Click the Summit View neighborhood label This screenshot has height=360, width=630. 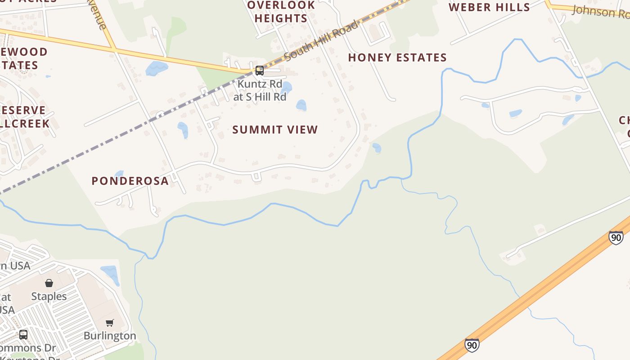coord(275,130)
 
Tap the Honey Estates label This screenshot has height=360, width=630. coord(397,58)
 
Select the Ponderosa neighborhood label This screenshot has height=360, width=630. coord(130,181)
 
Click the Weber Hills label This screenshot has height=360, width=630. coord(489,7)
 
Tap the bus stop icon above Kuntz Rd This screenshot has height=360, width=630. coord(260,70)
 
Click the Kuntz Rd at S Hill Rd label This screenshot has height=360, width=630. coord(260,90)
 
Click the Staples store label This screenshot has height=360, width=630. coord(49,296)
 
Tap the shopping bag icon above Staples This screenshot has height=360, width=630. coord(49,283)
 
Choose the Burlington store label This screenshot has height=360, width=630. coord(110,336)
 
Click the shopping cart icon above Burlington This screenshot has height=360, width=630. coord(110,323)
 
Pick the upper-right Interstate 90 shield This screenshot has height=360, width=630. coord(616,237)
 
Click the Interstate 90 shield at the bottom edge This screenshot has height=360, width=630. coord(472,345)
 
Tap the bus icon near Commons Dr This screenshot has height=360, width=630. coord(23,335)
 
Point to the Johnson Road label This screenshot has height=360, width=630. coord(601,12)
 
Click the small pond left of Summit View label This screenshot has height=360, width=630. coord(183,130)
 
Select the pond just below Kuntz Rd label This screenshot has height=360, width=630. coord(301,105)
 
